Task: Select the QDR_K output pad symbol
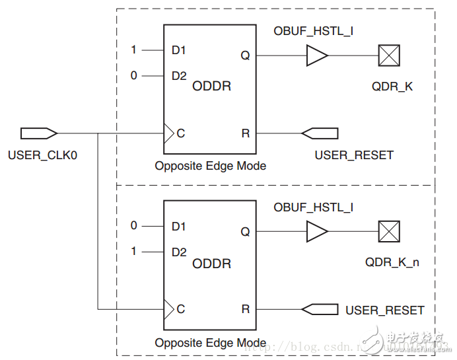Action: pyautogui.click(x=389, y=55)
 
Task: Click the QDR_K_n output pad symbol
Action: pyautogui.click(x=389, y=232)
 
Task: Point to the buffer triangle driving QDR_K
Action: pyautogui.click(x=316, y=55)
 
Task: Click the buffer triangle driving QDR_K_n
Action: pyautogui.click(x=316, y=232)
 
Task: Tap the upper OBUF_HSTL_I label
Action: pyautogui.click(x=313, y=30)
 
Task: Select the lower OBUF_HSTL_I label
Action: pyautogui.click(x=313, y=207)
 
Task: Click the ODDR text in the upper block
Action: pyautogui.click(x=211, y=87)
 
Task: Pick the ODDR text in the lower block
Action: pyautogui.click(x=211, y=264)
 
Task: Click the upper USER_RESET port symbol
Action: pyautogui.click(x=320, y=133)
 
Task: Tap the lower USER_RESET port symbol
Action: pyautogui.click(x=320, y=309)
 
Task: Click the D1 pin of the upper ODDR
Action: pyautogui.click(x=179, y=50)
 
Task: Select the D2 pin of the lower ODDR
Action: pyautogui.click(x=179, y=252)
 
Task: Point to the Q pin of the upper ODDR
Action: pyautogui.click(x=245, y=55)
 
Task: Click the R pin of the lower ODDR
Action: pyautogui.click(x=246, y=309)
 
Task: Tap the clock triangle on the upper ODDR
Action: pyautogui.click(x=169, y=133)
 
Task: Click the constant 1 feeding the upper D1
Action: pyautogui.click(x=134, y=50)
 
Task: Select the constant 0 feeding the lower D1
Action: pyautogui.click(x=134, y=226)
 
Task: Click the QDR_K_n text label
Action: pyautogui.click(x=392, y=262)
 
